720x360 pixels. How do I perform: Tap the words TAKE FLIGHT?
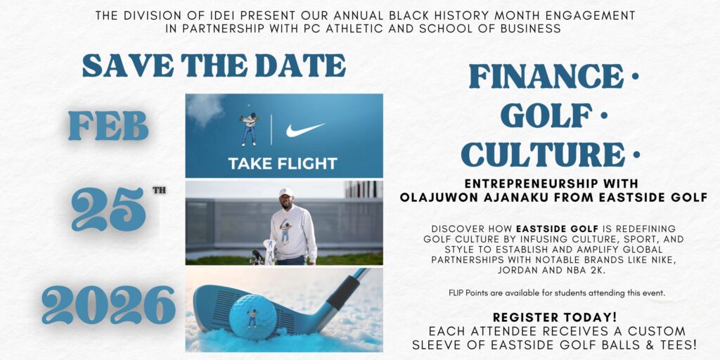pos(283,164)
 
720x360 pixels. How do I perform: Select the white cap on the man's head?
pos(285,191)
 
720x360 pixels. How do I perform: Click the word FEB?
pos(108,127)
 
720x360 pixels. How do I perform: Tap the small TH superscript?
pos(159,190)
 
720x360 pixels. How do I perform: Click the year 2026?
pos(108,304)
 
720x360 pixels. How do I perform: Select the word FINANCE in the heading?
pos(546,76)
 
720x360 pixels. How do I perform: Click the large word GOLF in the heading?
pos(546,115)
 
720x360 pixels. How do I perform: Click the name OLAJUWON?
pos(435,198)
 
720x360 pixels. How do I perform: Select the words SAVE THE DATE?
pos(214,65)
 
